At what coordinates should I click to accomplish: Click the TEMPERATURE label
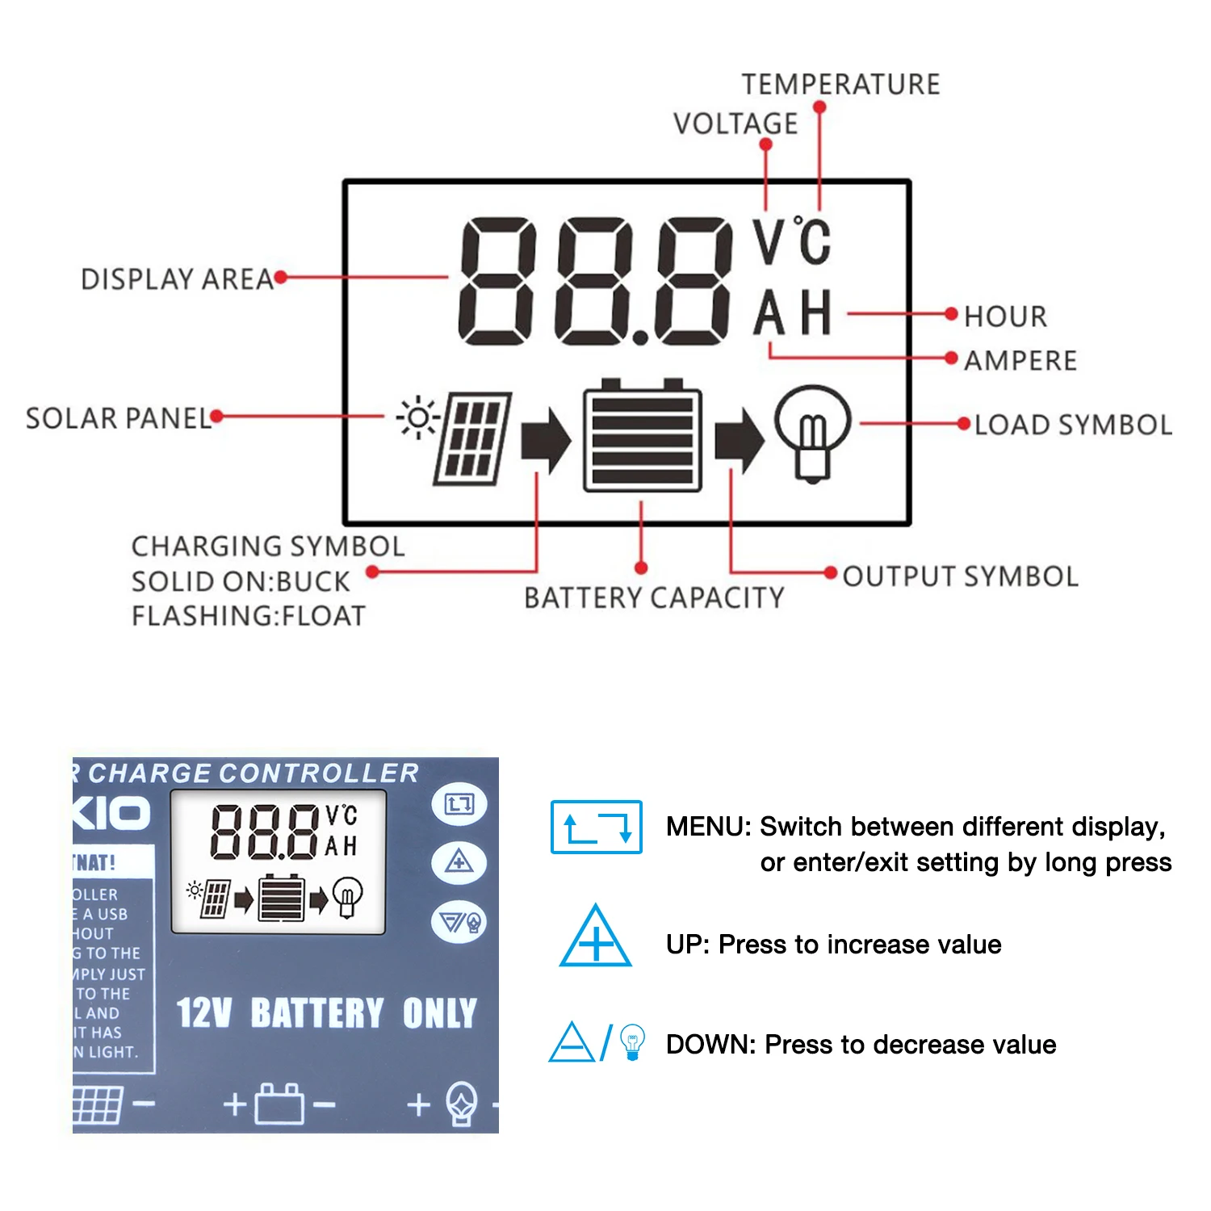pyautogui.click(x=840, y=85)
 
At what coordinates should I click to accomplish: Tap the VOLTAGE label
pyautogui.click(x=735, y=124)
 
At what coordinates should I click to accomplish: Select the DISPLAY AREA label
pyautogui.click(x=177, y=279)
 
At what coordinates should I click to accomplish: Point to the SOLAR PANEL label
pyautogui.click(x=118, y=419)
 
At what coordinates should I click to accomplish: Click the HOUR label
pyautogui.click(x=1005, y=316)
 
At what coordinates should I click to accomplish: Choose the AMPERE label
pyautogui.click(x=1020, y=361)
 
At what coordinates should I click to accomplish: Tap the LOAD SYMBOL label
pyautogui.click(x=1073, y=425)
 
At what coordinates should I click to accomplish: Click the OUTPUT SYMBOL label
pyautogui.click(x=961, y=576)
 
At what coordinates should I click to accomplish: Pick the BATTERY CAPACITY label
pyautogui.click(x=654, y=598)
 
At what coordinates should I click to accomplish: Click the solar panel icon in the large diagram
pyautogui.click(x=472, y=439)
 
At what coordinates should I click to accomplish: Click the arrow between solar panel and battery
pyautogui.click(x=546, y=441)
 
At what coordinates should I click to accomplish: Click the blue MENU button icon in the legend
pyautogui.click(x=596, y=827)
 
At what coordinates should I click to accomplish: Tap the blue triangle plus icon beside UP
pyautogui.click(x=596, y=938)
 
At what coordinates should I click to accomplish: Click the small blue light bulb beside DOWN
pyautogui.click(x=633, y=1041)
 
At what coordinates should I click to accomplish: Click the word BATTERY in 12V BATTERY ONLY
pyautogui.click(x=317, y=1013)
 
